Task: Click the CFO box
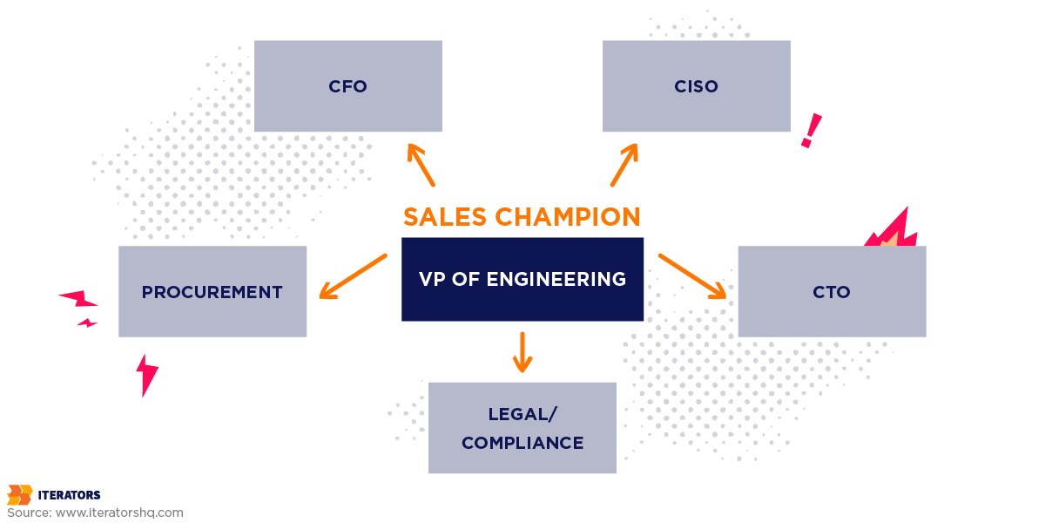[x=348, y=86]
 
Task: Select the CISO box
[x=697, y=86]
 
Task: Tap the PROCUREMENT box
[x=212, y=292]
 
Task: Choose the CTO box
[x=832, y=292]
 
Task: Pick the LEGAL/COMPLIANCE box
[x=522, y=428]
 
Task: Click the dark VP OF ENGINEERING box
[x=522, y=279]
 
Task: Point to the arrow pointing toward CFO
[x=421, y=165]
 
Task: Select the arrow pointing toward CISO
[x=624, y=165]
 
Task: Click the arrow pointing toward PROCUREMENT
[x=353, y=276]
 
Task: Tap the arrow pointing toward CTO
[x=692, y=276]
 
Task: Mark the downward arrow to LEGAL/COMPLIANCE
[x=522, y=352]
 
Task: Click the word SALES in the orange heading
[x=444, y=216]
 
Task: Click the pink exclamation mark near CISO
[x=811, y=131]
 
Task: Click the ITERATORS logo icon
[x=19, y=495]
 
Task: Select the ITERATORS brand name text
[x=69, y=495]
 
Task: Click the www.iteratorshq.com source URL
[x=119, y=513]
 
